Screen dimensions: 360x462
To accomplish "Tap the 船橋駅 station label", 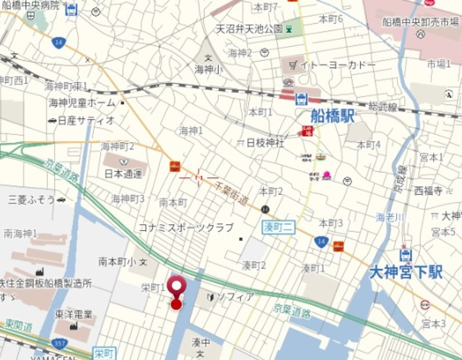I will [x=332, y=116].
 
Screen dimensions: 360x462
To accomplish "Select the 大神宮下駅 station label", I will [x=405, y=272].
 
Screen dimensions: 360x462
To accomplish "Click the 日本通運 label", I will [x=123, y=174].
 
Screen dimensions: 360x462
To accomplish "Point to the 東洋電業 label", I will [x=73, y=314].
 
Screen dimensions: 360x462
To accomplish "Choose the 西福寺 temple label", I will [x=428, y=190].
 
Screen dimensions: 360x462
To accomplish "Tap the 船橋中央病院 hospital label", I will [x=30, y=5].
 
